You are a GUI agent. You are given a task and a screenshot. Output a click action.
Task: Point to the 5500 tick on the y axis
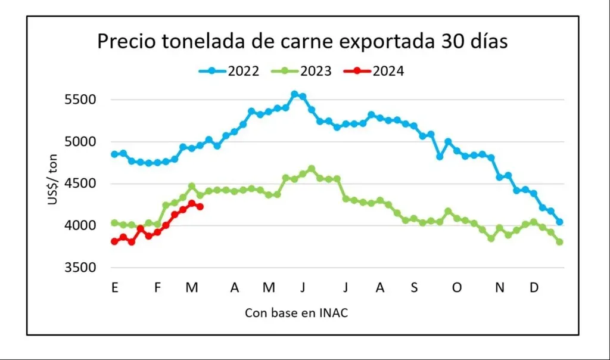click(x=80, y=100)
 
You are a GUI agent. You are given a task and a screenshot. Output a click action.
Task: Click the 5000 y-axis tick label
click(x=80, y=142)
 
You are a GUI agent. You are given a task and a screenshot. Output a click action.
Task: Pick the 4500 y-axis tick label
click(x=80, y=184)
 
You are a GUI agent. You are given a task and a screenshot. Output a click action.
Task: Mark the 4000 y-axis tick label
click(x=80, y=226)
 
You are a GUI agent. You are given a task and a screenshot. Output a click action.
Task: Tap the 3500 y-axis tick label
click(x=80, y=268)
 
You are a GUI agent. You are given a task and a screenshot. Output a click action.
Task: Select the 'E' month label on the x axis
click(x=114, y=288)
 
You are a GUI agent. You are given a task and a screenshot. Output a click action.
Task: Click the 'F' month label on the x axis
click(x=158, y=288)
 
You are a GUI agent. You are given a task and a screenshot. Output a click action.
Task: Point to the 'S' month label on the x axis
click(x=414, y=288)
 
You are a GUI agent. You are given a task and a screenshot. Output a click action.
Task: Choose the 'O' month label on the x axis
click(x=457, y=288)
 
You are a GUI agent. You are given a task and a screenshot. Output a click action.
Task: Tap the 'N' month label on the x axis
click(x=500, y=288)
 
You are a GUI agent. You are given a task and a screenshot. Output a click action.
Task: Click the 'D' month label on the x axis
click(x=534, y=288)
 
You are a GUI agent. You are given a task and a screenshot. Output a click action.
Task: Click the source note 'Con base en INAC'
click(x=296, y=314)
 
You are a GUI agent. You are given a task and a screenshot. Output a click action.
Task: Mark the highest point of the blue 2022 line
click(x=294, y=94)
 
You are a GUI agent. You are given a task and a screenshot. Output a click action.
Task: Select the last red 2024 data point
click(x=200, y=207)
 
